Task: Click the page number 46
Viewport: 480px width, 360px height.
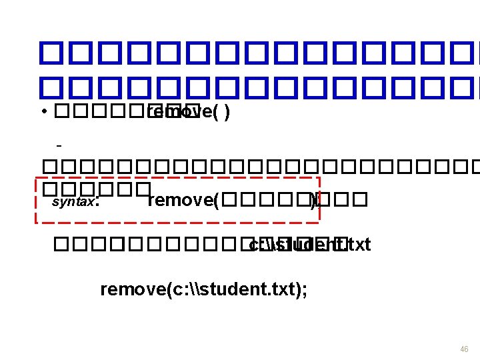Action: pyautogui.click(x=464, y=349)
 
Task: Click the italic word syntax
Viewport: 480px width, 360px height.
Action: pyautogui.click(x=73, y=201)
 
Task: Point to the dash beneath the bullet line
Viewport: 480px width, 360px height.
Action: pyautogui.click(x=59, y=144)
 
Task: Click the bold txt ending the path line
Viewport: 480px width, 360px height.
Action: pyautogui.click(x=359, y=245)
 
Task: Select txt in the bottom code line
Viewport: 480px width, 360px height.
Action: pyautogui.click(x=281, y=289)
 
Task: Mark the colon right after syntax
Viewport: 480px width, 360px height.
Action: pyautogui.click(x=97, y=201)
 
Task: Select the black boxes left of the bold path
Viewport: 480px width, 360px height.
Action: pyautogui.click(x=143, y=245)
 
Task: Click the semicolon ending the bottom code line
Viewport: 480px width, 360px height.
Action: pyautogui.click(x=305, y=291)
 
